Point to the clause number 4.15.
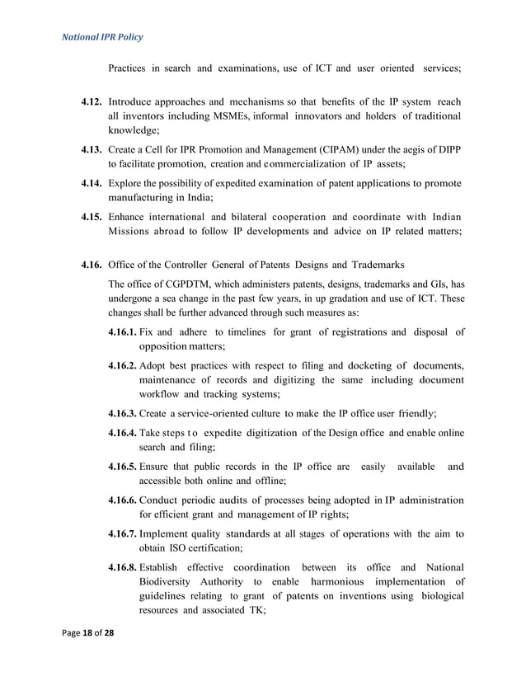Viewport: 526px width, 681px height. (91, 217)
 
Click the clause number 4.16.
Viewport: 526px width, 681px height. (91, 265)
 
